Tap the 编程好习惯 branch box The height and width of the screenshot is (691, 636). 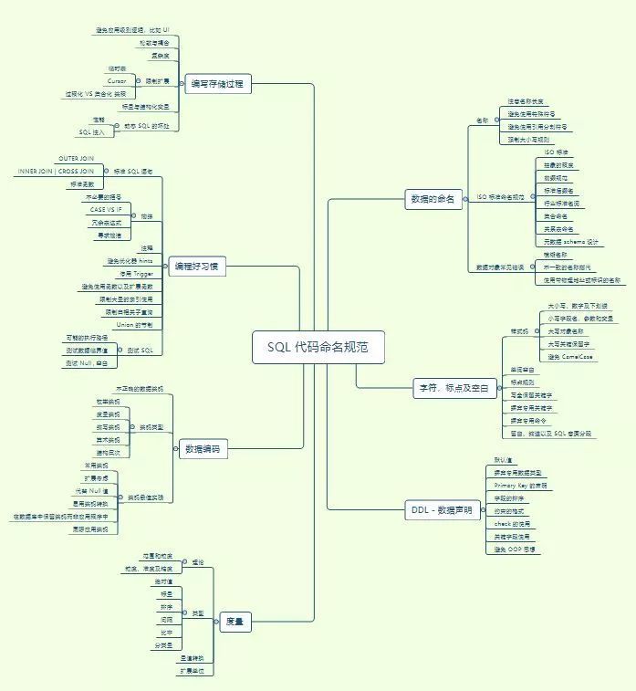click(197, 266)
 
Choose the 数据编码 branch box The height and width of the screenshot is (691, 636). click(203, 449)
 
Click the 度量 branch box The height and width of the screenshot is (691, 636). click(235, 623)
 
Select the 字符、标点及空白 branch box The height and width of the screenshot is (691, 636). click(453, 388)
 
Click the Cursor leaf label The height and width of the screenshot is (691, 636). click(116, 81)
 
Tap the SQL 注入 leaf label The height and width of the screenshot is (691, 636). click(91, 132)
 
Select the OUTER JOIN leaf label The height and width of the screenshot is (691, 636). click(76, 159)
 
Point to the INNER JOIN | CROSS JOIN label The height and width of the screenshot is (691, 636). click(56, 172)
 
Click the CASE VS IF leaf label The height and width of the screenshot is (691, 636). click(109, 210)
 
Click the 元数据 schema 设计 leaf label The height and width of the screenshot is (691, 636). click(572, 242)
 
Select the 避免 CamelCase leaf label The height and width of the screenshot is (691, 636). click(569, 357)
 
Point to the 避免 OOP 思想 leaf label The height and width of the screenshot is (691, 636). click(516, 550)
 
